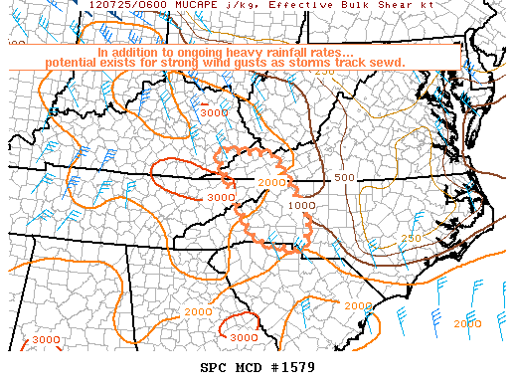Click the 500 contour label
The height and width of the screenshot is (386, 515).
point(344,178)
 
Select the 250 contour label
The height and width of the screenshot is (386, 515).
point(410,239)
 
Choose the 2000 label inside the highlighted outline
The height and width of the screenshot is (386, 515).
point(269,182)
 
